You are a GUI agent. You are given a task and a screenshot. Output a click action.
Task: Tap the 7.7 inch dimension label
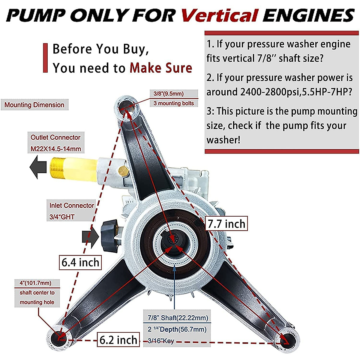click(226, 224)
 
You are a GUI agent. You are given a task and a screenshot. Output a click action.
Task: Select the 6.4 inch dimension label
click(80, 262)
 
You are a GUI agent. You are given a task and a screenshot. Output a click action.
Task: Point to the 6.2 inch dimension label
click(118, 340)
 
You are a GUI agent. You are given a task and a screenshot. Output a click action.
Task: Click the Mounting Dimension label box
click(34, 105)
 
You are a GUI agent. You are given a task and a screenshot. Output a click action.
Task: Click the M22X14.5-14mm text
click(56, 149)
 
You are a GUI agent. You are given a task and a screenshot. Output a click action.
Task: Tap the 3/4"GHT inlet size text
click(62, 217)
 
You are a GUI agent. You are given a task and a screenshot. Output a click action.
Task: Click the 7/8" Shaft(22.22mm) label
click(178, 318)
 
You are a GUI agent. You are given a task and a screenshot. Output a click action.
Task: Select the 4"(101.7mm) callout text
click(35, 283)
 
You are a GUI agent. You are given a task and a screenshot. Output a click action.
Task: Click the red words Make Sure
click(161, 68)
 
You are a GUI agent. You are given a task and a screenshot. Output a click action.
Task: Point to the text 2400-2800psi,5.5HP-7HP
click(295, 92)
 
